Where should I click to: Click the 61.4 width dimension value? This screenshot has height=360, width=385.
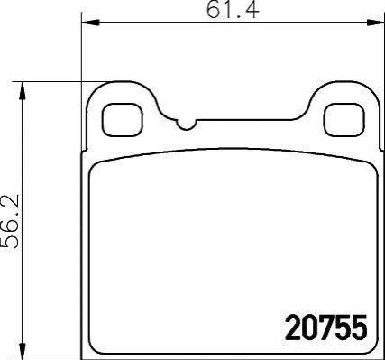232,10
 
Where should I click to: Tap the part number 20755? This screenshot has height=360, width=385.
326,328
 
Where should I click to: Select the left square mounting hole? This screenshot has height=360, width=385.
123,120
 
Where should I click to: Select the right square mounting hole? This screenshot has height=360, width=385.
344,120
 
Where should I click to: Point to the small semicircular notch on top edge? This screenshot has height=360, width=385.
187,125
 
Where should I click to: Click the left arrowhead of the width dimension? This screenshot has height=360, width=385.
90,23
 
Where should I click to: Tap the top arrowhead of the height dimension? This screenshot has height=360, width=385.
22,90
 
